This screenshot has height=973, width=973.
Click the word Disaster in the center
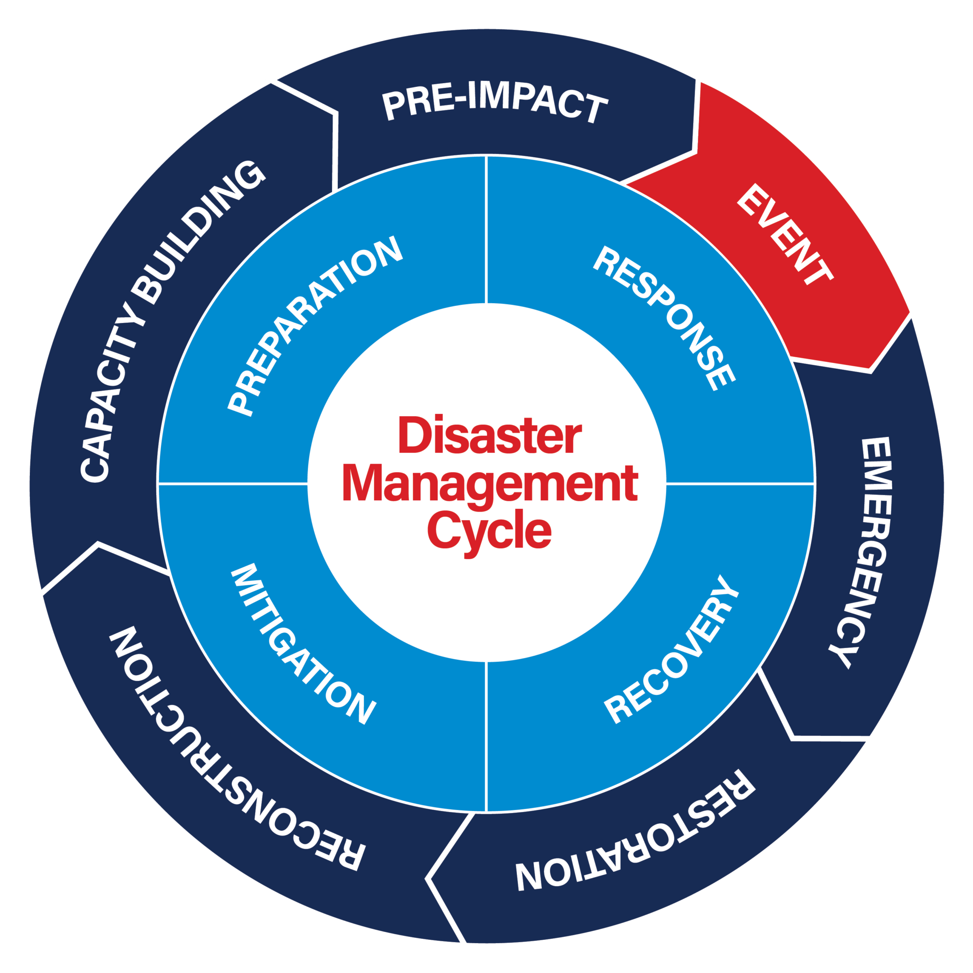pyautogui.click(x=489, y=436)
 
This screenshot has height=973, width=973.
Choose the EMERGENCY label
pyautogui.click(x=864, y=552)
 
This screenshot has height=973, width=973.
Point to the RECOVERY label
pyautogui.click(x=672, y=649)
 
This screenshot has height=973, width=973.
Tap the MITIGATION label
pyautogui.click(x=303, y=644)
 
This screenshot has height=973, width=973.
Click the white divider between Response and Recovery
pyautogui.click(x=740, y=484)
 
